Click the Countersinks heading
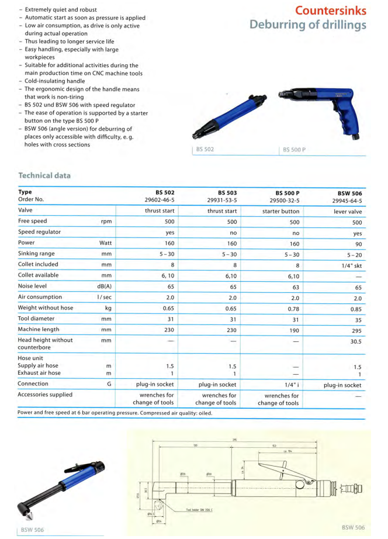tap(330, 11)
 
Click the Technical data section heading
tap(44, 175)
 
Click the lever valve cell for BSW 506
tap(347, 211)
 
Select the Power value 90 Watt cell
tap(357, 243)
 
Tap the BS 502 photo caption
tap(205, 150)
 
